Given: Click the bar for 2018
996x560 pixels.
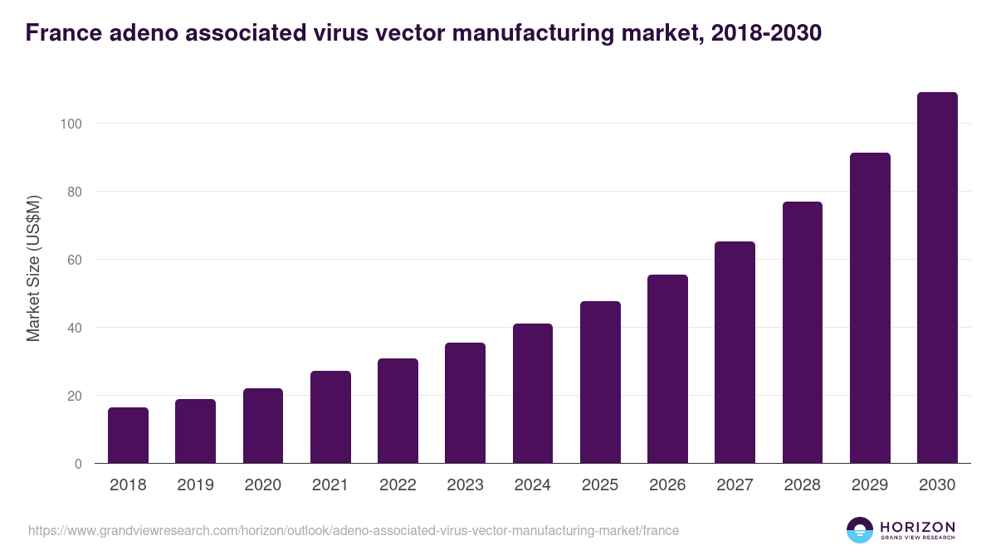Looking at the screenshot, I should [x=128, y=436].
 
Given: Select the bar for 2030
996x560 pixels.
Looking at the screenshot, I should [x=937, y=278].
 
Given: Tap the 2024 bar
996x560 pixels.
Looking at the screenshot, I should [x=533, y=393].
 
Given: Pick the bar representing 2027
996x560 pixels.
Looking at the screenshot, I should [x=735, y=353].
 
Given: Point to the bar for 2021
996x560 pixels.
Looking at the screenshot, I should [x=330, y=417].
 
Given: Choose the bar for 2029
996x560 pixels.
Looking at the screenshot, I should [x=870, y=308].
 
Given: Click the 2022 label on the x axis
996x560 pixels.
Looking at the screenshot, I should [x=398, y=485].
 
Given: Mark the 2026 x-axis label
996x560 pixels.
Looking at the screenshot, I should [x=667, y=485].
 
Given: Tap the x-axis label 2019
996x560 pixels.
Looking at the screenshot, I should [x=195, y=485].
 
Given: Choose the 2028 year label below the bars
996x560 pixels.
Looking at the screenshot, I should [x=802, y=485].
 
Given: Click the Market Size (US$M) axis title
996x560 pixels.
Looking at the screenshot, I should [x=33, y=268].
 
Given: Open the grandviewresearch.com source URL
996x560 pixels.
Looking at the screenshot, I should [x=354, y=530].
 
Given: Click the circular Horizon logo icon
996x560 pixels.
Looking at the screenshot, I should [x=860, y=530].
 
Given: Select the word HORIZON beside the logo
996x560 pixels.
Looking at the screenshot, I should [x=917, y=526].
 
